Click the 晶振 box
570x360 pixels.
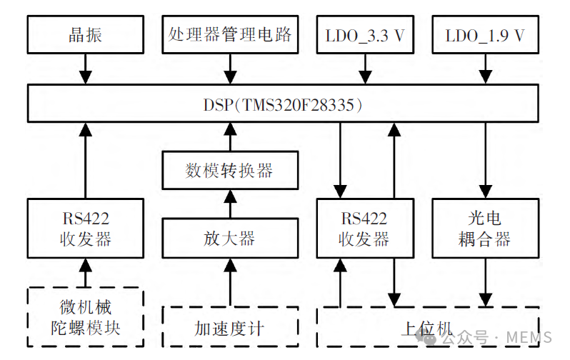tap(85, 34)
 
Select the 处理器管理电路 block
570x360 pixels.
tap(230, 34)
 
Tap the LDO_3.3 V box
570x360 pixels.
tap(365, 34)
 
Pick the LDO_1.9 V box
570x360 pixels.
tap(485, 34)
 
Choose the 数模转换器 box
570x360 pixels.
tap(229, 171)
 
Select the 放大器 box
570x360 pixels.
tap(229, 238)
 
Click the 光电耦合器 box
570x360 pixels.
tap(485, 228)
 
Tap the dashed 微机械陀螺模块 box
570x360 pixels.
tap(85, 318)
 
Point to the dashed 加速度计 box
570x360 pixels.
tap(229, 329)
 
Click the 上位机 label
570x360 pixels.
tap(427, 329)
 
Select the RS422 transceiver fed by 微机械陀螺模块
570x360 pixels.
tap(85, 228)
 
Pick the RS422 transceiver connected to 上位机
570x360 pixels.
tap(365, 228)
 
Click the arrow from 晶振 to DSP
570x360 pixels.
tap(85, 68)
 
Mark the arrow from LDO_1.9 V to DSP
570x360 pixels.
tap(485, 68)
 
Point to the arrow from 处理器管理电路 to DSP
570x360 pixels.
tap(230, 68)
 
